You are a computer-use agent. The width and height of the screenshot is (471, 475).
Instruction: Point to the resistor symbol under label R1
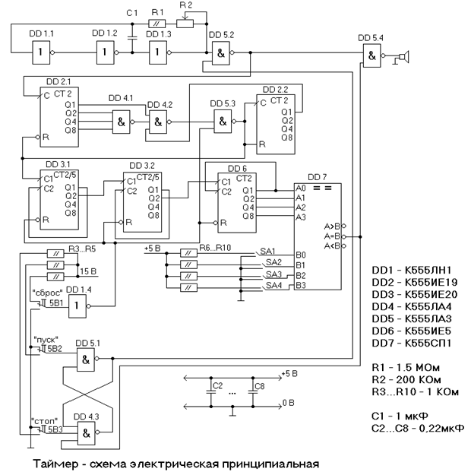(x=156, y=24)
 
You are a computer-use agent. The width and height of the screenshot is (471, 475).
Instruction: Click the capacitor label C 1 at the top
(x=132, y=12)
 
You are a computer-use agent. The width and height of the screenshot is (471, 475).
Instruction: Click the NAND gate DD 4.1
(x=121, y=121)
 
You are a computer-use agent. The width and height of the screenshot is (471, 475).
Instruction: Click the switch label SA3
(x=274, y=274)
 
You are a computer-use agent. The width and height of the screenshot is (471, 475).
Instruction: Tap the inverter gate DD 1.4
(x=79, y=306)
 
